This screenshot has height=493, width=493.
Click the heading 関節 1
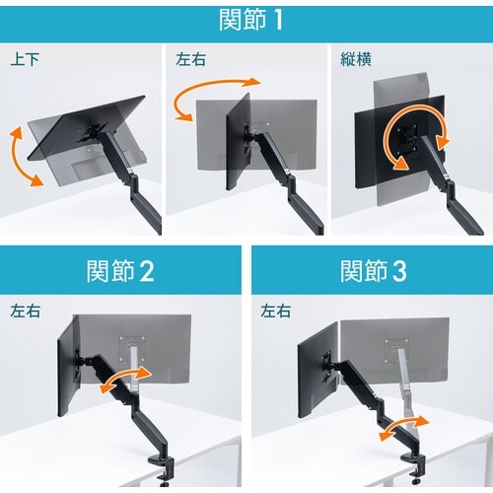pos(250,20)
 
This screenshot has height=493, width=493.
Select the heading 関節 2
pos(120,271)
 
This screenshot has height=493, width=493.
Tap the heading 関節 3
pos(374,271)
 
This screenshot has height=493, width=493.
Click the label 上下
pos(25,59)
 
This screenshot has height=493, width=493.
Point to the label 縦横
pos(356,59)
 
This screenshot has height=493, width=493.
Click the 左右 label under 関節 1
pos(190,59)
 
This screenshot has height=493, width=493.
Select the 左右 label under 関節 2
pos(25,311)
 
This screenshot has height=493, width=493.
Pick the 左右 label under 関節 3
pos(276,311)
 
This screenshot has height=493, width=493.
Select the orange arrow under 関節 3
pos(403,427)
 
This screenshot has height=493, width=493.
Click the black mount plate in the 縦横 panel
pos(406,138)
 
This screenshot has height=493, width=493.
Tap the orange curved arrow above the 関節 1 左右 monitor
pos(213,96)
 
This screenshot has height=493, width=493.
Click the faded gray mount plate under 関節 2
pos(132,349)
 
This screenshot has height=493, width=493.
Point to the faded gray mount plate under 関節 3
pos(396,352)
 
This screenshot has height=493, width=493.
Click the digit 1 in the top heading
pos(278,21)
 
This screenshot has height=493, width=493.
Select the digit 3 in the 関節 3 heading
pos(399,271)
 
